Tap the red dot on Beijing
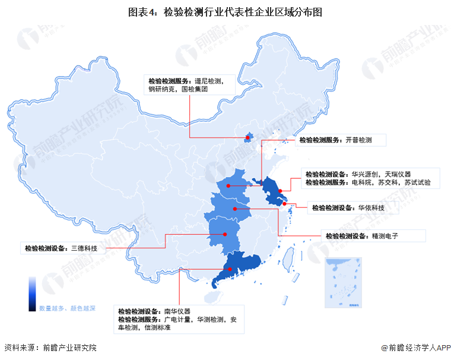tap(247, 138)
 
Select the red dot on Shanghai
tap(285, 204)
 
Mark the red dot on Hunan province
tap(225, 234)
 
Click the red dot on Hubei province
tap(235, 209)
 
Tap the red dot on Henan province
tap(228, 186)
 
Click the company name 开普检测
tap(359, 140)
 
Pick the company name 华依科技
tap(371, 208)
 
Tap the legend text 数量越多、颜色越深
tap(67, 308)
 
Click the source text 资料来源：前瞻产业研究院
tap(50, 348)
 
